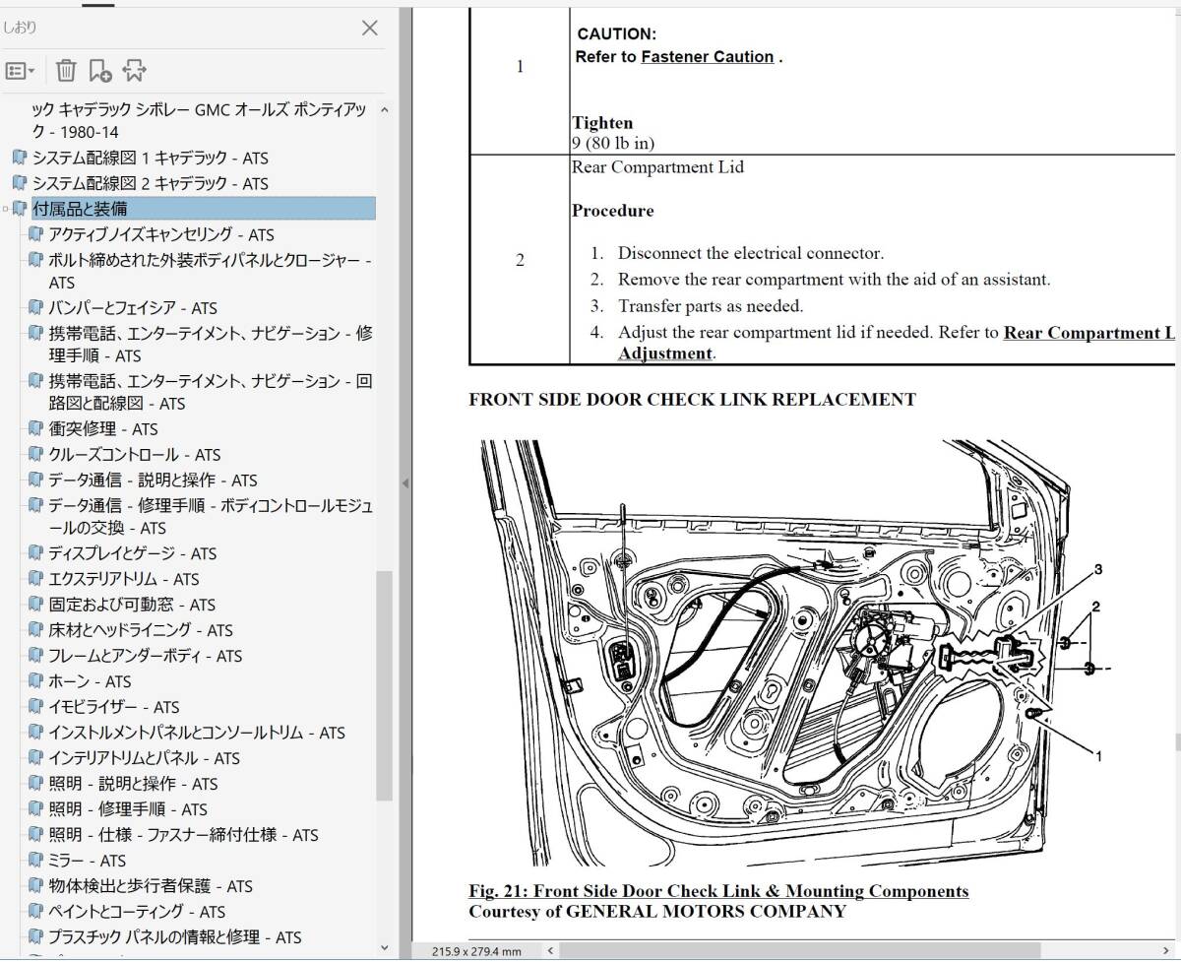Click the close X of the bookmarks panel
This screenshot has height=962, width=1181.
click(369, 28)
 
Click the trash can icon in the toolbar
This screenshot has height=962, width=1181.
click(65, 70)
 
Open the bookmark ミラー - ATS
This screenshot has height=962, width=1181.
click(88, 861)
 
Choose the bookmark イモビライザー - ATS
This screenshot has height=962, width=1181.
click(114, 707)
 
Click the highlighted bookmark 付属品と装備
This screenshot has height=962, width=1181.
click(80, 209)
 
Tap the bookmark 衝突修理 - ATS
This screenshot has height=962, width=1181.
click(103, 429)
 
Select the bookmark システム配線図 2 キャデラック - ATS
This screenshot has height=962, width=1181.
click(150, 183)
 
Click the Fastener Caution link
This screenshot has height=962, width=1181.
click(707, 57)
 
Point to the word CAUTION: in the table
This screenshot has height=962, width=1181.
click(617, 34)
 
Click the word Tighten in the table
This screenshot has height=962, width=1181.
click(602, 123)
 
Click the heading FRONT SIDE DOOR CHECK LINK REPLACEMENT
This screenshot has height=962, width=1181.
click(692, 400)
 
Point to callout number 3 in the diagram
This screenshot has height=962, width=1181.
click(1097, 569)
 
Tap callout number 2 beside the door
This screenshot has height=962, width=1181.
click(1094, 607)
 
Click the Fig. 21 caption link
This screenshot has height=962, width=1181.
click(718, 891)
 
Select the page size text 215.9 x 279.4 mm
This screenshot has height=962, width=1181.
click(476, 951)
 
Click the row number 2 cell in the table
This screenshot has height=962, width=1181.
click(520, 261)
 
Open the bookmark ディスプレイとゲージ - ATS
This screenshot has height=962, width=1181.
click(133, 553)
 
